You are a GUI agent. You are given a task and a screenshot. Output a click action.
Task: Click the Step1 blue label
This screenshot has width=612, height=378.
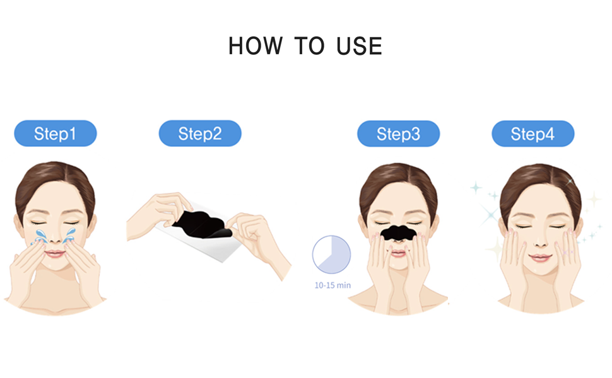tap(56, 134)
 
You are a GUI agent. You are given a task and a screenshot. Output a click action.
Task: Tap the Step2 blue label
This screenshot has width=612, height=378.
tap(200, 134)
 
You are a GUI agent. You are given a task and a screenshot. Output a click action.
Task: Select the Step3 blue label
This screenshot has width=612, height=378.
tap(398, 134)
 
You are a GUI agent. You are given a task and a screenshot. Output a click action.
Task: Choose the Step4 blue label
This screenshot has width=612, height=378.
tap(533, 134)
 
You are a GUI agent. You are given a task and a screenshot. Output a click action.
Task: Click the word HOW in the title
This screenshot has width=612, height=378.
tap(256, 46)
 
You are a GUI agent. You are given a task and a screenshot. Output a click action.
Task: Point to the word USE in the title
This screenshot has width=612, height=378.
tap(359, 46)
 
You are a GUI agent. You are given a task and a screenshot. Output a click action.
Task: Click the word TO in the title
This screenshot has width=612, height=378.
tap(309, 46)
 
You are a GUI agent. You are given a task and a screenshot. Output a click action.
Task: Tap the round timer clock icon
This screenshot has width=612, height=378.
tap(331, 255)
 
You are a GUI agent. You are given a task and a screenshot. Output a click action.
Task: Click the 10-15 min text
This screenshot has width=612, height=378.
tap(332, 285)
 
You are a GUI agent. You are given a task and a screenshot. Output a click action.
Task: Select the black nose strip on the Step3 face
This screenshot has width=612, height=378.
tap(398, 232)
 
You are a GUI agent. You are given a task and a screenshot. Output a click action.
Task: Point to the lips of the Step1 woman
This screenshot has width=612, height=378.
tap(55, 254)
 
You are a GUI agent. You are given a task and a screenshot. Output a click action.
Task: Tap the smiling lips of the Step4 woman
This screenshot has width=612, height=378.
tap(541, 258)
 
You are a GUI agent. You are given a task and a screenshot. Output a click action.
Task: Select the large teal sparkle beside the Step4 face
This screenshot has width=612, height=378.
tap(490, 214)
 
